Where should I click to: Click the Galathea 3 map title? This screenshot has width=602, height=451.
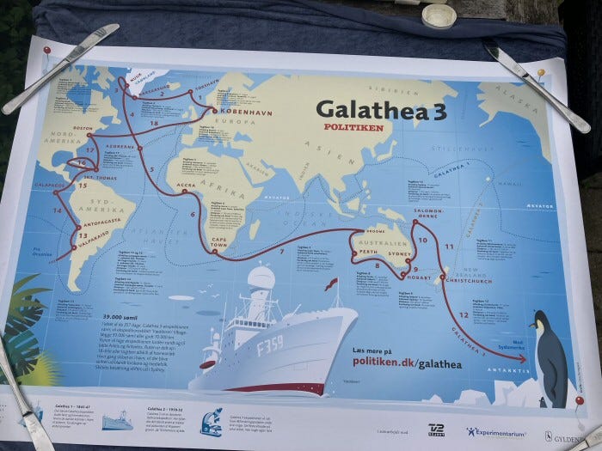click(x=380, y=110)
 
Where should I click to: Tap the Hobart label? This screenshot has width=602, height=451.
click(x=415, y=277)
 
